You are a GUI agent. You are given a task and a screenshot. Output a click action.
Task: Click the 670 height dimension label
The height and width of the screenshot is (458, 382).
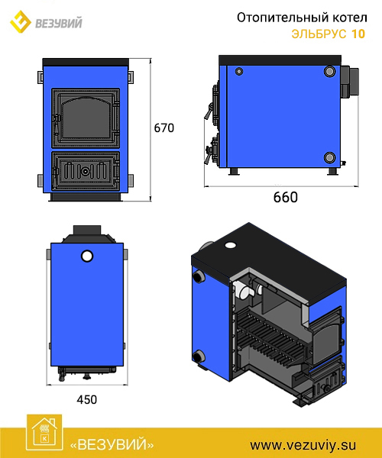pos(164,128)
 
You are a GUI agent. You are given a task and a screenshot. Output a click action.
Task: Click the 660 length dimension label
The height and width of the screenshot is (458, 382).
pos(286,198)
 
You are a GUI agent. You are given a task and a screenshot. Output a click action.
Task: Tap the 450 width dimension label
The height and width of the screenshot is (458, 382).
pos(87,399)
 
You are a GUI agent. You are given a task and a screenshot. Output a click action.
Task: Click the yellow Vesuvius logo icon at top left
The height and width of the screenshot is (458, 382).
pos(20,21)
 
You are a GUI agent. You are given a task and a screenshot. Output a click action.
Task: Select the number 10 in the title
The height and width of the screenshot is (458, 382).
pos(358,34)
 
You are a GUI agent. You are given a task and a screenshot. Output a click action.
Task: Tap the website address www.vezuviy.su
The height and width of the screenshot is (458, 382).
pos(303,446)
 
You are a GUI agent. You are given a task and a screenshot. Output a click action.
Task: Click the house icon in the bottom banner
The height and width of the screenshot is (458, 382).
pos(44,432)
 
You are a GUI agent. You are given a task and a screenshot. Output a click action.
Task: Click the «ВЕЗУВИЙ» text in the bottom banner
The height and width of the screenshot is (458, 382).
pos(112,445)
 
